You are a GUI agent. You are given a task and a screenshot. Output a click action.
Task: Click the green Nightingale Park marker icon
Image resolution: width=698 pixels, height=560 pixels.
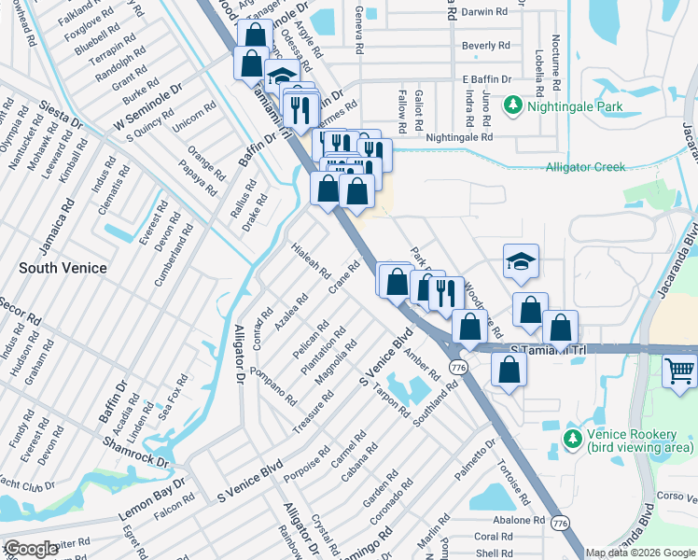[512, 107]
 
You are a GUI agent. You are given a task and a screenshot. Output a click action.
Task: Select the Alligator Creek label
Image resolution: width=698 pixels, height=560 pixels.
[586, 167]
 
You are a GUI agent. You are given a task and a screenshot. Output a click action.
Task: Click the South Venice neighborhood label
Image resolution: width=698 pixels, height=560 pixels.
[63, 268]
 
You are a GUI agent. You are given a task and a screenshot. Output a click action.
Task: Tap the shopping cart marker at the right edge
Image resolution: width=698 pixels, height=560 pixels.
[679, 371]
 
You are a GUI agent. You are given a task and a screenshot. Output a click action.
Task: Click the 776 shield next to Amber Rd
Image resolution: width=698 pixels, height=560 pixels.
[457, 369]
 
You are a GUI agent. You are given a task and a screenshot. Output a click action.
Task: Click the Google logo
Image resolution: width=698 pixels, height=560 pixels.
[32, 549]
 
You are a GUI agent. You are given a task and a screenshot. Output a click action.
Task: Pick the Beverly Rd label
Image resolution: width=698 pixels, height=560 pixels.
[486, 45]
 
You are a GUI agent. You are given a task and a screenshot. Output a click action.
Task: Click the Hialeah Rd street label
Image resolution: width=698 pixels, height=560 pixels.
[313, 261]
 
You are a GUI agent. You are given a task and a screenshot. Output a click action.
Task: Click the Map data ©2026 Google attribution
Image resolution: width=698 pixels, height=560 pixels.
[640, 553]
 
